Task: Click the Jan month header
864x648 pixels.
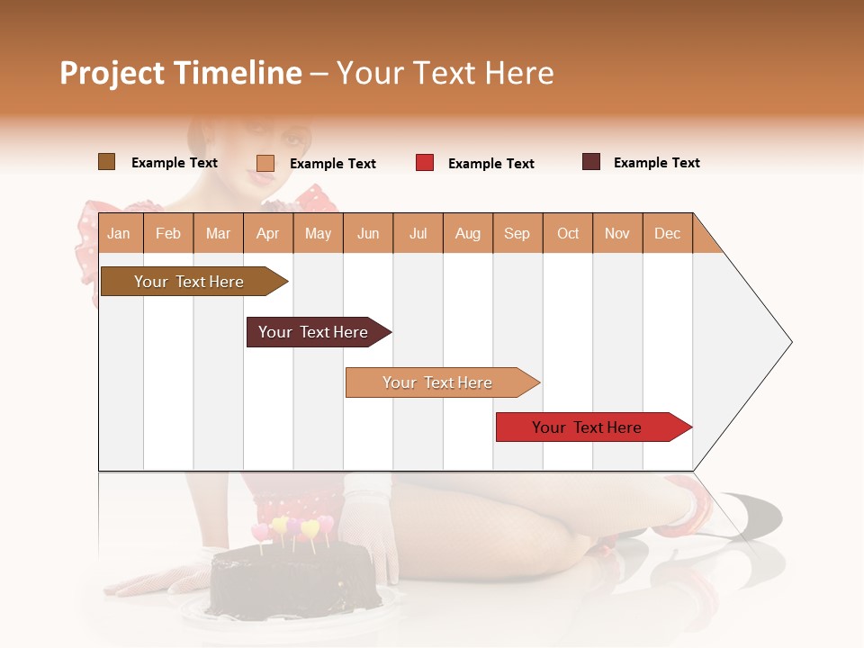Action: (119, 233)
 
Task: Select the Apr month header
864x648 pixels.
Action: (267, 233)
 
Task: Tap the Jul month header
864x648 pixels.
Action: (418, 233)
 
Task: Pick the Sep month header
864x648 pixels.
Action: (517, 233)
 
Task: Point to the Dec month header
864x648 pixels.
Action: (667, 233)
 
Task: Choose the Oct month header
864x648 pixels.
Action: (567, 233)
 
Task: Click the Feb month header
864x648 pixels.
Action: (168, 233)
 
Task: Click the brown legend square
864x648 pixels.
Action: (106, 162)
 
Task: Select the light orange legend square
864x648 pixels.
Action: (265, 163)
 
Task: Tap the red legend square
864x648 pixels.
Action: (425, 163)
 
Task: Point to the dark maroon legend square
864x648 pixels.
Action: (591, 162)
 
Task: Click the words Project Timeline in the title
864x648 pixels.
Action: (180, 73)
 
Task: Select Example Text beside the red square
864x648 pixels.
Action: (490, 164)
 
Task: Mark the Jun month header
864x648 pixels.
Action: (368, 233)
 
